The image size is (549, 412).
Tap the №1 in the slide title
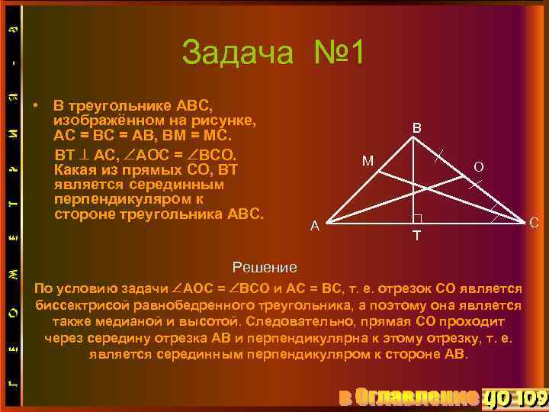tap(340, 53)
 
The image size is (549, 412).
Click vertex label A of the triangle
tap(314, 226)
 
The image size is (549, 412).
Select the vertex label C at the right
tap(534, 223)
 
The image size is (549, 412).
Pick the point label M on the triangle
tap(368, 161)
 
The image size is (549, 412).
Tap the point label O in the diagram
tap(477, 166)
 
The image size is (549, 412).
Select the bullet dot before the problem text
tap(36, 105)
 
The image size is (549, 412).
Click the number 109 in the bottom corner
tap(529, 397)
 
